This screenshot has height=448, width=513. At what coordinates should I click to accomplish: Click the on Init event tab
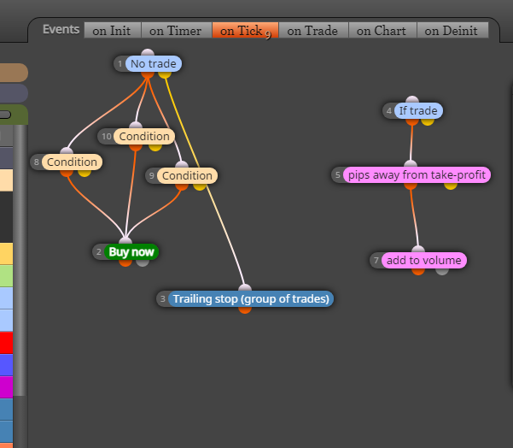coord(112,31)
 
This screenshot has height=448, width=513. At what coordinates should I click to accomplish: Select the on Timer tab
coord(176,31)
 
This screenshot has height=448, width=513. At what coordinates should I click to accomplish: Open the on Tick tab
coord(245,31)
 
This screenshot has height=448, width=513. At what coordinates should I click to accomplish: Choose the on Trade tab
coord(313,31)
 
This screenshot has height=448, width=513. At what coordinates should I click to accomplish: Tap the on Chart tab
coord(382,31)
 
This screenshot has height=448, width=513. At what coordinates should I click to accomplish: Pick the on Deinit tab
coord(452,31)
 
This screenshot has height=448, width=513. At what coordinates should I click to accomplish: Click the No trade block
coord(153,63)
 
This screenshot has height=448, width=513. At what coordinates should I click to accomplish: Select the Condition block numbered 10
coord(144,136)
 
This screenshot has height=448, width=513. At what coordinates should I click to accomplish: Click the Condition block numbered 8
coord(72,162)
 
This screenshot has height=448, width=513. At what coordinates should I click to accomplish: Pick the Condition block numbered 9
coord(187,175)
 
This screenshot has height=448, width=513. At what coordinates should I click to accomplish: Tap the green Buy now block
coord(131,252)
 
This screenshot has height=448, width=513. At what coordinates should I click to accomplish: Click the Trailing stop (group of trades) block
coord(251,299)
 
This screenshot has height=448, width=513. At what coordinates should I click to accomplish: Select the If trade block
coord(418,111)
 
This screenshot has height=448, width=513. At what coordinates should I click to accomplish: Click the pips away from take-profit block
coord(417,175)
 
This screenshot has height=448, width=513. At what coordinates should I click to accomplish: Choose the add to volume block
coord(423,261)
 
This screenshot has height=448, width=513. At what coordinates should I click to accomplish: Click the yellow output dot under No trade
coord(165,74)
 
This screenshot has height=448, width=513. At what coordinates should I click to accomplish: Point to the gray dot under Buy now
coord(143,262)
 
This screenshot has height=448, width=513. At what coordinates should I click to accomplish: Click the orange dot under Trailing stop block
coord(245,309)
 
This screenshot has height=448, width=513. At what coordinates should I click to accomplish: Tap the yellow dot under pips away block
coord(450,186)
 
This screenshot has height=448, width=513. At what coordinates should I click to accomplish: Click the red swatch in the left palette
coord(6,343)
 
